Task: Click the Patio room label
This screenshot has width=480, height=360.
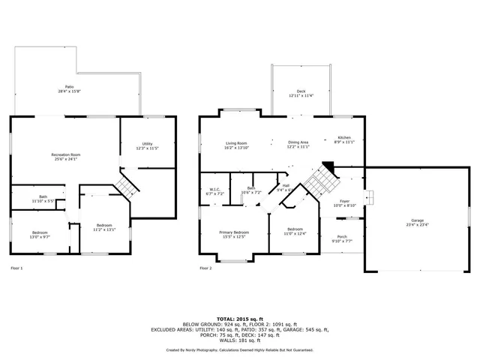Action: pos(69,87)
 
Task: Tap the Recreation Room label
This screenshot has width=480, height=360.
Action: pos(66,154)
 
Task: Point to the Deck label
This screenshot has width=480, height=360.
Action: pos(301,91)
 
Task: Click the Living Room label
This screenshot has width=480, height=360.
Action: pos(236,142)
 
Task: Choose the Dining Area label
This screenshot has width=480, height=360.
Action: pos(298,142)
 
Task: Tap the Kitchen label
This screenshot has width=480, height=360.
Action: pos(343,138)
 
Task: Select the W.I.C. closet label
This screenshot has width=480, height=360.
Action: pos(214,189)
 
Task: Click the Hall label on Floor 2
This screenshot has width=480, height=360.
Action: pos(286,187)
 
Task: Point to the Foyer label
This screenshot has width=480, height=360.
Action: pos(344,201)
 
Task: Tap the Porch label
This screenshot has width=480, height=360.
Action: pos(342,237)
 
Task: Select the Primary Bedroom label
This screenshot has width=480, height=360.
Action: pos(234,232)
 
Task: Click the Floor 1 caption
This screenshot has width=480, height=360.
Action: pos(16,268)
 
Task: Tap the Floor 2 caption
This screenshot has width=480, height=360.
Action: pos(205,268)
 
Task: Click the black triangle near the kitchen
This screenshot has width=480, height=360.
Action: pos(328,166)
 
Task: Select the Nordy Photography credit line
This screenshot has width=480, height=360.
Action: pos(240,349)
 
